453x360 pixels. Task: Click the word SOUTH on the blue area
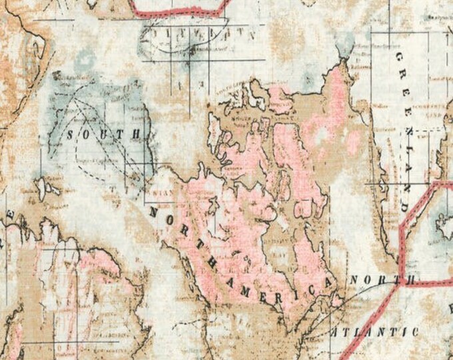[x=105, y=134]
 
